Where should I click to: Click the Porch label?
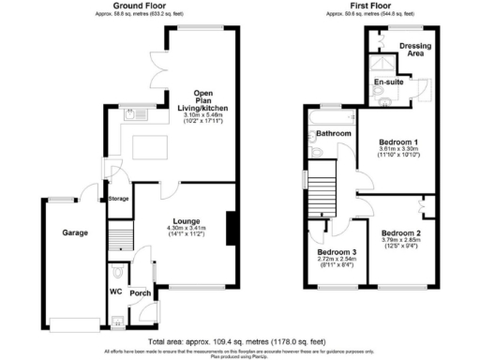point(141,292)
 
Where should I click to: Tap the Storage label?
point(119,199)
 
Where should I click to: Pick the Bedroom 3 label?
point(337,252)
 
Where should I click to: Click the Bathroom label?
point(333,134)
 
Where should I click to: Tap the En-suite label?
point(388,82)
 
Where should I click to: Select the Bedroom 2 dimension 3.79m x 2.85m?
point(402,240)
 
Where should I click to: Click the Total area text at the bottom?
point(240,341)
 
